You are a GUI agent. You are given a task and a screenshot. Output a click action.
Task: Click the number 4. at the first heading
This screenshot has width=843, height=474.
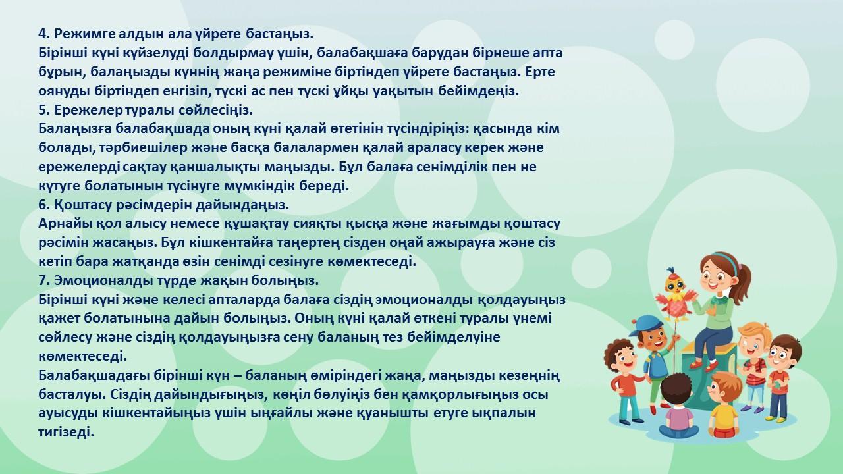44,34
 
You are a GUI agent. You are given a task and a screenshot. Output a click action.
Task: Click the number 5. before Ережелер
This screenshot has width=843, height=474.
44,110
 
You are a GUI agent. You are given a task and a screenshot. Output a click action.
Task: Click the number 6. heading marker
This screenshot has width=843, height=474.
44,205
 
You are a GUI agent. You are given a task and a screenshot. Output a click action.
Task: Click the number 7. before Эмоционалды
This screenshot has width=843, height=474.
44,281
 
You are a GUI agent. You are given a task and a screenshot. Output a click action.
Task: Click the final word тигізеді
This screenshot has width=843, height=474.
66,433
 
